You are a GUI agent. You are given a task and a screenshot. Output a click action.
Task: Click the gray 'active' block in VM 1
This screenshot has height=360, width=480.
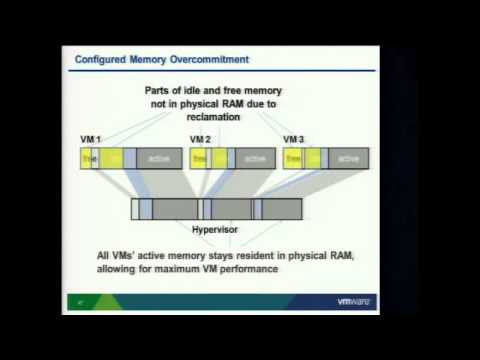click(x=159, y=157)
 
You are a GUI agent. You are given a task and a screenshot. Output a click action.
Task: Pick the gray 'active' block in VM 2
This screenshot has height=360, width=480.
click(x=254, y=157)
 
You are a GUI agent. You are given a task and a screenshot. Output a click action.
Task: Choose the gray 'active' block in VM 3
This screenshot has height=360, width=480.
click(x=349, y=157)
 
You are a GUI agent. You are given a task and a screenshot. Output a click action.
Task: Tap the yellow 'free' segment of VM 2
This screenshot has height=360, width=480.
click(x=199, y=157)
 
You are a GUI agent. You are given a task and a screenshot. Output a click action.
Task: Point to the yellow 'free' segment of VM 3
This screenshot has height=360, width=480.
click(x=292, y=157)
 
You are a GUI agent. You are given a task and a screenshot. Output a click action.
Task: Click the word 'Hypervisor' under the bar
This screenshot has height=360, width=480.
click(x=217, y=227)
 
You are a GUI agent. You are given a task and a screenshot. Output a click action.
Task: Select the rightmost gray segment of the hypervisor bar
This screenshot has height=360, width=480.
click(x=282, y=208)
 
